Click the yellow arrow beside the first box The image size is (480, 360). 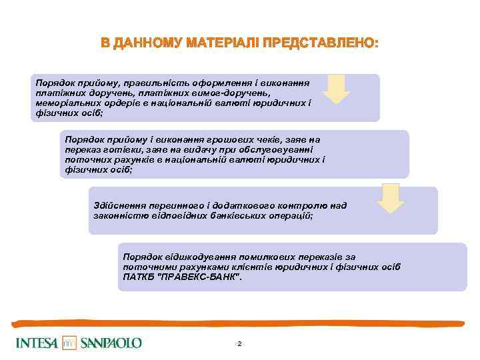coord(340,89)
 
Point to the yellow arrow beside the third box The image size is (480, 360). coord(390,198)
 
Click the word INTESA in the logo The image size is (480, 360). coord(37,343)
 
